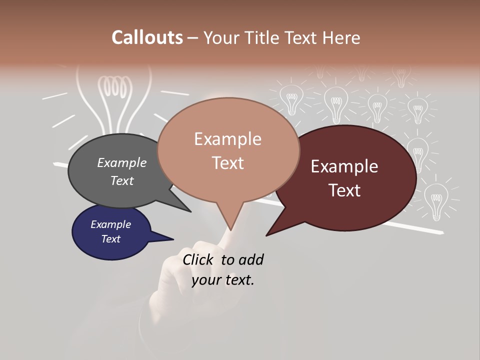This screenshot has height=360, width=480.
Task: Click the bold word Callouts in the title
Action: (147, 37)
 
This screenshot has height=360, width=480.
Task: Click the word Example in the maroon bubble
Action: (344, 166)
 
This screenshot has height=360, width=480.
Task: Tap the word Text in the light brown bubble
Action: (228, 163)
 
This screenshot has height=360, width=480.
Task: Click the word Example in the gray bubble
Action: (122, 162)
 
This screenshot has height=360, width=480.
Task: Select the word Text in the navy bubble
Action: (111, 239)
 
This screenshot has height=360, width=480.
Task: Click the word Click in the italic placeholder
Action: (197, 259)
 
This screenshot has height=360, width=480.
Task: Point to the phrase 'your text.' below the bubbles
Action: (223, 280)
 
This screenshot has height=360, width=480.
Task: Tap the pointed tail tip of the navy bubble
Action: (173, 239)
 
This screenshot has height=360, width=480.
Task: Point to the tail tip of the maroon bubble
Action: (266, 235)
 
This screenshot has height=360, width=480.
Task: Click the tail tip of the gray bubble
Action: (190, 211)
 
